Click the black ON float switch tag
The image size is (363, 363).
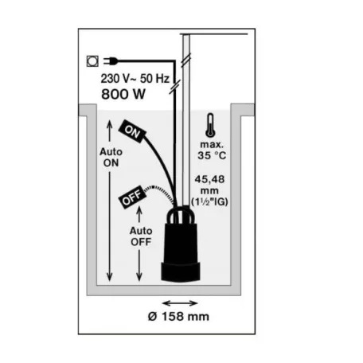(x=133, y=131)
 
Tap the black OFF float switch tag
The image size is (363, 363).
(x=131, y=197)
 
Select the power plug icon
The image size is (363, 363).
(x=111, y=61)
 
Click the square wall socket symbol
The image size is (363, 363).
(x=92, y=61)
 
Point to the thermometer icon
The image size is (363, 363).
(x=210, y=126)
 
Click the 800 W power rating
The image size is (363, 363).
(x=123, y=94)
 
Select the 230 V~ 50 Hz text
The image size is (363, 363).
(x=135, y=79)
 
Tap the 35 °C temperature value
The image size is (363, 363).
(x=212, y=155)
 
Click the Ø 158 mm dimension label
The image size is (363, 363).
(x=178, y=317)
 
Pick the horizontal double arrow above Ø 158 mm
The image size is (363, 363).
(x=180, y=303)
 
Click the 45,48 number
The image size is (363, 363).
(x=209, y=179)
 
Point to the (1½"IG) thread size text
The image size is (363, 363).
(x=209, y=202)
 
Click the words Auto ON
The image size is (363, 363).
(x=111, y=158)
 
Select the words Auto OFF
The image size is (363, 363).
(x=141, y=236)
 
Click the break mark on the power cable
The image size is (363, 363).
(x=175, y=87)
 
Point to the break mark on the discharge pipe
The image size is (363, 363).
(x=186, y=60)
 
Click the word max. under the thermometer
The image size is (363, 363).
(x=212, y=145)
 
